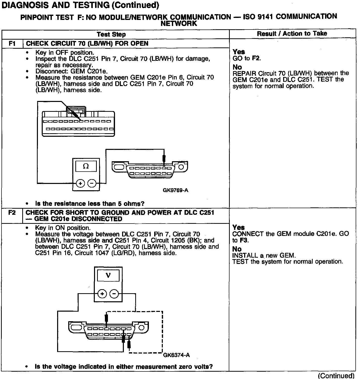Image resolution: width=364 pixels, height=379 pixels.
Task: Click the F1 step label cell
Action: tap(12, 43)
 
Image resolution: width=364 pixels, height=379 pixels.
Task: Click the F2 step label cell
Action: tap(12, 213)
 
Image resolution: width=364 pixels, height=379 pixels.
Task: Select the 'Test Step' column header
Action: tap(111, 34)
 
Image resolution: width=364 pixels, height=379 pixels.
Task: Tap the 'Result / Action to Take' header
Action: tap(292, 34)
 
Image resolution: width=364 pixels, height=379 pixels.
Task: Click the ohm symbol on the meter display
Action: tap(86, 166)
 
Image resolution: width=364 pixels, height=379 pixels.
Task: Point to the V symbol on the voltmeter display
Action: tap(108, 275)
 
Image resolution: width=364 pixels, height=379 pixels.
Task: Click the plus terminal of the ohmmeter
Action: tap(80, 183)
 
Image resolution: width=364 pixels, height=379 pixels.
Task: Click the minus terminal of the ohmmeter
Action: tap(92, 183)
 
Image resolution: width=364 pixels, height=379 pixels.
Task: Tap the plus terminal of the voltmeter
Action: tap(102, 293)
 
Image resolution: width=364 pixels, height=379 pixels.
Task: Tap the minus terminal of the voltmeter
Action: tap(114, 293)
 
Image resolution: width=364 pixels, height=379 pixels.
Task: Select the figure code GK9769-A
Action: tap(175, 190)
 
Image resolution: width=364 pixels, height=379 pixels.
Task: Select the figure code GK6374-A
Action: tap(176, 355)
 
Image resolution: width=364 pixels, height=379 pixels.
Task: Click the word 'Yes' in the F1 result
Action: tap(239, 52)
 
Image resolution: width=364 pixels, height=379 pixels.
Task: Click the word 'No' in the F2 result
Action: tap(237, 249)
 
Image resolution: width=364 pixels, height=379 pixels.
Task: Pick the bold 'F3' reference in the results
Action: tap(244, 240)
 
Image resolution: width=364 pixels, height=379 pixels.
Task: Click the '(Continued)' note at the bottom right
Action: tap(336, 375)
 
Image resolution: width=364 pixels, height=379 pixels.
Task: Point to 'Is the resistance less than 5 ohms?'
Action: tap(90, 204)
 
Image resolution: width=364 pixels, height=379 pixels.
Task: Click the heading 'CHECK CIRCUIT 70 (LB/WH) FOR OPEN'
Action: tap(87, 43)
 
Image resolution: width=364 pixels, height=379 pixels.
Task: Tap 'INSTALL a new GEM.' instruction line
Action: tap(264, 255)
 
